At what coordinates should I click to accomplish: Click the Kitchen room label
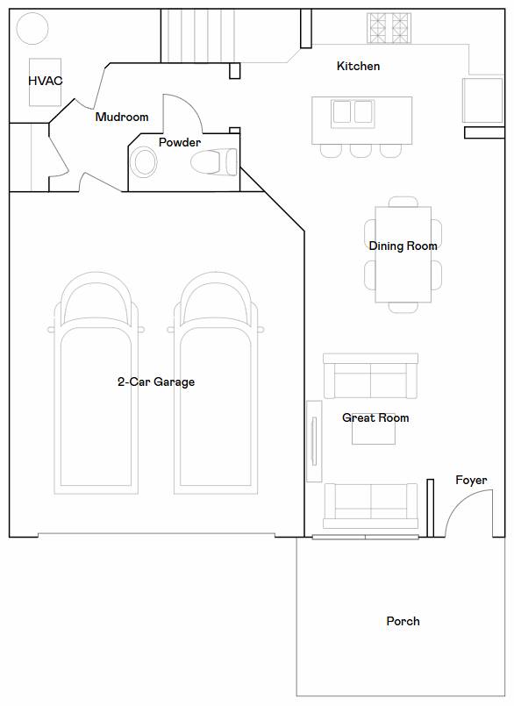(358, 66)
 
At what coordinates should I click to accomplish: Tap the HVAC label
(46, 81)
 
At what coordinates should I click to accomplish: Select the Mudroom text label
(122, 117)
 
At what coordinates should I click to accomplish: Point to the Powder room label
(180, 143)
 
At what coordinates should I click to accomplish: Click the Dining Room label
(403, 246)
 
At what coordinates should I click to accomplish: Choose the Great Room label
(375, 417)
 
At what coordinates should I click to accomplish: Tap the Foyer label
(471, 481)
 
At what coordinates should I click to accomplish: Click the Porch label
(403, 621)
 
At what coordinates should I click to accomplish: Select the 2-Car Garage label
(156, 382)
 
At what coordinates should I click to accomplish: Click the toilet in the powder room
(213, 161)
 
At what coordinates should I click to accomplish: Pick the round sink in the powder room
(144, 161)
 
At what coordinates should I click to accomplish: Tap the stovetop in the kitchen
(389, 28)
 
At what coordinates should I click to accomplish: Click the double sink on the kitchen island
(353, 113)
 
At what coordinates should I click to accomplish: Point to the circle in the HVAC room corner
(32, 28)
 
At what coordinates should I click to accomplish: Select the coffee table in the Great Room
(374, 429)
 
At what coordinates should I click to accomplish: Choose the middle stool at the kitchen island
(361, 151)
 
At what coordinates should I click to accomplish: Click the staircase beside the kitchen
(198, 36)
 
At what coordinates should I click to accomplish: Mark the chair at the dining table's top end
(403, 202)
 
